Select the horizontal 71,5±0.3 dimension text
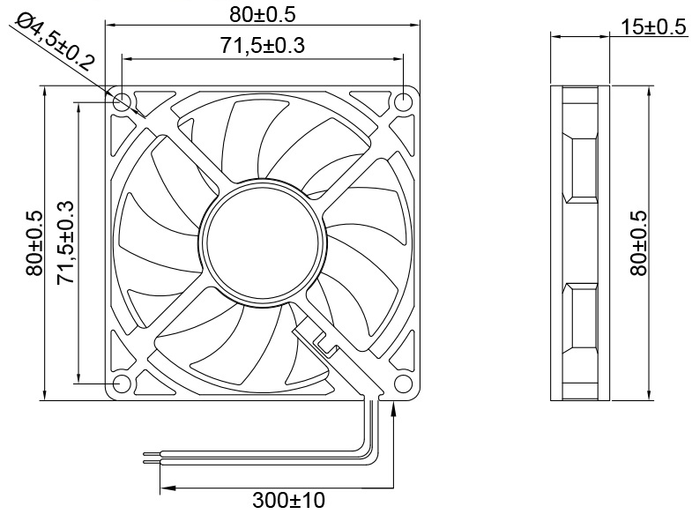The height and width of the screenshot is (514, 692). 262,46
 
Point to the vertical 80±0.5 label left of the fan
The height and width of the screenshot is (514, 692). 34,242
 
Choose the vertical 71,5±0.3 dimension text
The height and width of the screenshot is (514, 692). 65,242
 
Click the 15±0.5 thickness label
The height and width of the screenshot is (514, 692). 653,27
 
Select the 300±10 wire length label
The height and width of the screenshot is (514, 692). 288,501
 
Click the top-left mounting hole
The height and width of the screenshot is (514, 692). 121,101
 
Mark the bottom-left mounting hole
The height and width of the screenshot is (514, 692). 121,384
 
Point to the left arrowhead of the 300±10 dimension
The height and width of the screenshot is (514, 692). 165,486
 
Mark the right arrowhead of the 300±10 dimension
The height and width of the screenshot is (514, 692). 388,486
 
